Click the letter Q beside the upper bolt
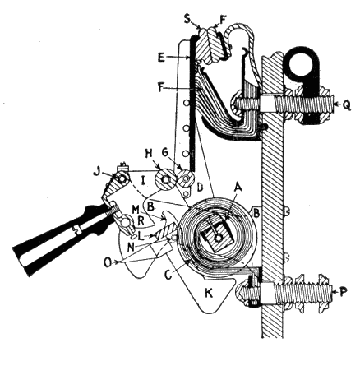tap(346, 105)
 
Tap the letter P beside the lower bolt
tap(343, 292)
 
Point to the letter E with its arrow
tap(161, 58)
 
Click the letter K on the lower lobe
tap(209, 294)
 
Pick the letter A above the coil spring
tap(238, 188)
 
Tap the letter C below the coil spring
tap(168, 274)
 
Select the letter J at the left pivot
tap(96, 172)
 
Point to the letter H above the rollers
tap(148, 154)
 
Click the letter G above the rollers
tap(167, 154)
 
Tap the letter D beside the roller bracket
tap(201, 188)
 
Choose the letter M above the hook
tap(136, 208)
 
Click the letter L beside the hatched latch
tap(141, 236)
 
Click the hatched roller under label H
tap(165, 179)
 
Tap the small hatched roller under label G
tap(186, 178)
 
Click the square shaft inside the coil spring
tap(218, 238)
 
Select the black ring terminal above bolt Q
tap(302, 66)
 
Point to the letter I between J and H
tap(142, 181)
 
